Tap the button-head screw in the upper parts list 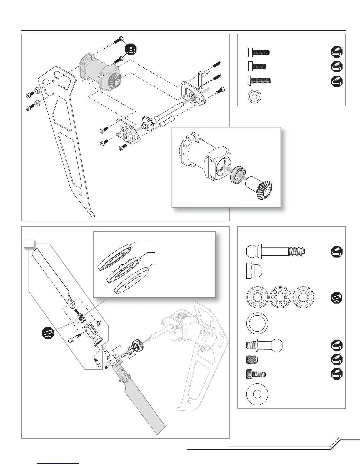tap(258, 80)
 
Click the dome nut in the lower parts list tap(253, 270)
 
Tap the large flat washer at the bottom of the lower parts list tap(257, 394)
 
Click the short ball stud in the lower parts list tap(264, 345)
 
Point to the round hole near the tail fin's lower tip tap(81, 194)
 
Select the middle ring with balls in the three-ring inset tap(123, 269)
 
